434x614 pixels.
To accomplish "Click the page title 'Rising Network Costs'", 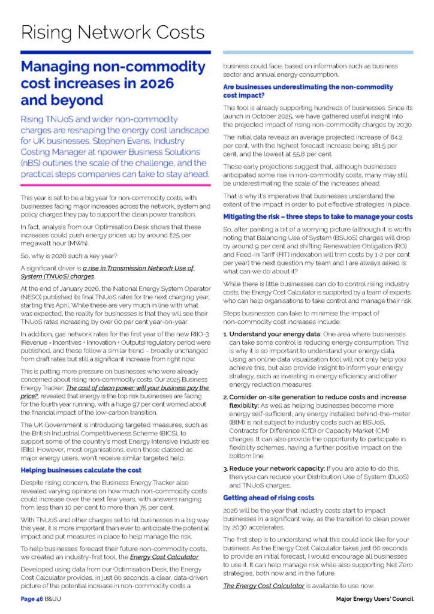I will [112, 32].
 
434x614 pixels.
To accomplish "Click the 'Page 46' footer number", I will [31, 599].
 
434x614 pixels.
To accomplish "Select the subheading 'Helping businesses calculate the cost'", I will [81, 470].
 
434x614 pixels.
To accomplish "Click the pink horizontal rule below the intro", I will [115, 185].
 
